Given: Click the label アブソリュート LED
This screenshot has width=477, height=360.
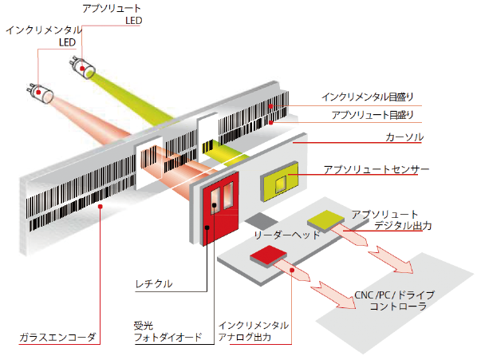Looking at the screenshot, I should pos(112,14).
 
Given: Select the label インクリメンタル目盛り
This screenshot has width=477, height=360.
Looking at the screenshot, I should pos(368,98).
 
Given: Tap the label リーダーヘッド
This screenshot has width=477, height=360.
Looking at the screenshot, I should pos(286,235).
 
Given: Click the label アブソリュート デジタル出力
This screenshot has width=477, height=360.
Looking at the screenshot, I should pos(392,220).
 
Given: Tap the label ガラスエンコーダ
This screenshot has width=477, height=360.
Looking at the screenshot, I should pos(57,338).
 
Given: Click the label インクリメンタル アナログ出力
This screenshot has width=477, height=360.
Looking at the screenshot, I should pos(253,331).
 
